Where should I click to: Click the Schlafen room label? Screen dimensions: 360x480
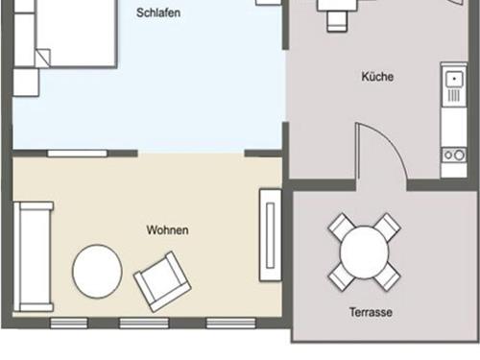coord(158,13)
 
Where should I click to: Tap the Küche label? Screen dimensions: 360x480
coord(377,77)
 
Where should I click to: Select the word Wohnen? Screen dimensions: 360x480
coord(167,230)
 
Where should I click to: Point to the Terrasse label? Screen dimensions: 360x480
coord(371,312)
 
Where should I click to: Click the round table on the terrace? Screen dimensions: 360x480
coord(364,252)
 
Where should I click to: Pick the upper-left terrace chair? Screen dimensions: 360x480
coord(341,228)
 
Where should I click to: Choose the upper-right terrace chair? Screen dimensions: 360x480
coord(387,228)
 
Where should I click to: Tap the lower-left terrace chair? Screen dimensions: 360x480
coord(341,276)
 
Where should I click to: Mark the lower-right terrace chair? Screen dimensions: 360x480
coord(387,276)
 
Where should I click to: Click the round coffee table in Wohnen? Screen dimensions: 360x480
coord(97,272)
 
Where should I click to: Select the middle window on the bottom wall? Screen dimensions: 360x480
coord(144,323)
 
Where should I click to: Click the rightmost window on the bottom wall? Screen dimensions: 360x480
coord(231,323)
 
